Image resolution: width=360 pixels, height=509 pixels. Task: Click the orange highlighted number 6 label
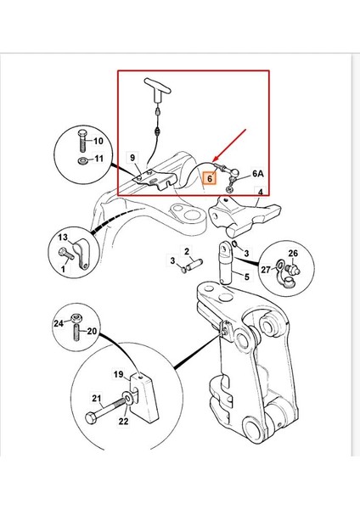(x=210, y=178)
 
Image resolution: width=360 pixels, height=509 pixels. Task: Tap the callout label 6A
(x=258, y=174)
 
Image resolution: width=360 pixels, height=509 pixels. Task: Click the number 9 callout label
(x=132, y=158)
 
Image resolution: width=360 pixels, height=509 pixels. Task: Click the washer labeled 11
(x=83, y=160)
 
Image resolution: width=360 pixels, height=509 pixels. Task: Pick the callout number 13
(x=63, y=238)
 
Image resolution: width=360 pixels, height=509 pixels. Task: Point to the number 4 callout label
(x=261, y=193)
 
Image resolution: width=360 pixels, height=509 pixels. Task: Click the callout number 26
(x=293, y=253)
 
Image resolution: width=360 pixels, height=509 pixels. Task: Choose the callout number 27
(x=266, y=270)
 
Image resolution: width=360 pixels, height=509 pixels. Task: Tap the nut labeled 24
(x=77, y=318)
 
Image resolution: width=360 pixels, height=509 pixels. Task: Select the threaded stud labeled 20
(x=77, y=332)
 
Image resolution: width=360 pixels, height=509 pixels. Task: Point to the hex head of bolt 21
(x=91, y=417)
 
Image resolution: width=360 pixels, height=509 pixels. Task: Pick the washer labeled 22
(x=127, y=397)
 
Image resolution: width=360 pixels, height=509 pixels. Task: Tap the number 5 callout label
(x=247, y=277)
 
